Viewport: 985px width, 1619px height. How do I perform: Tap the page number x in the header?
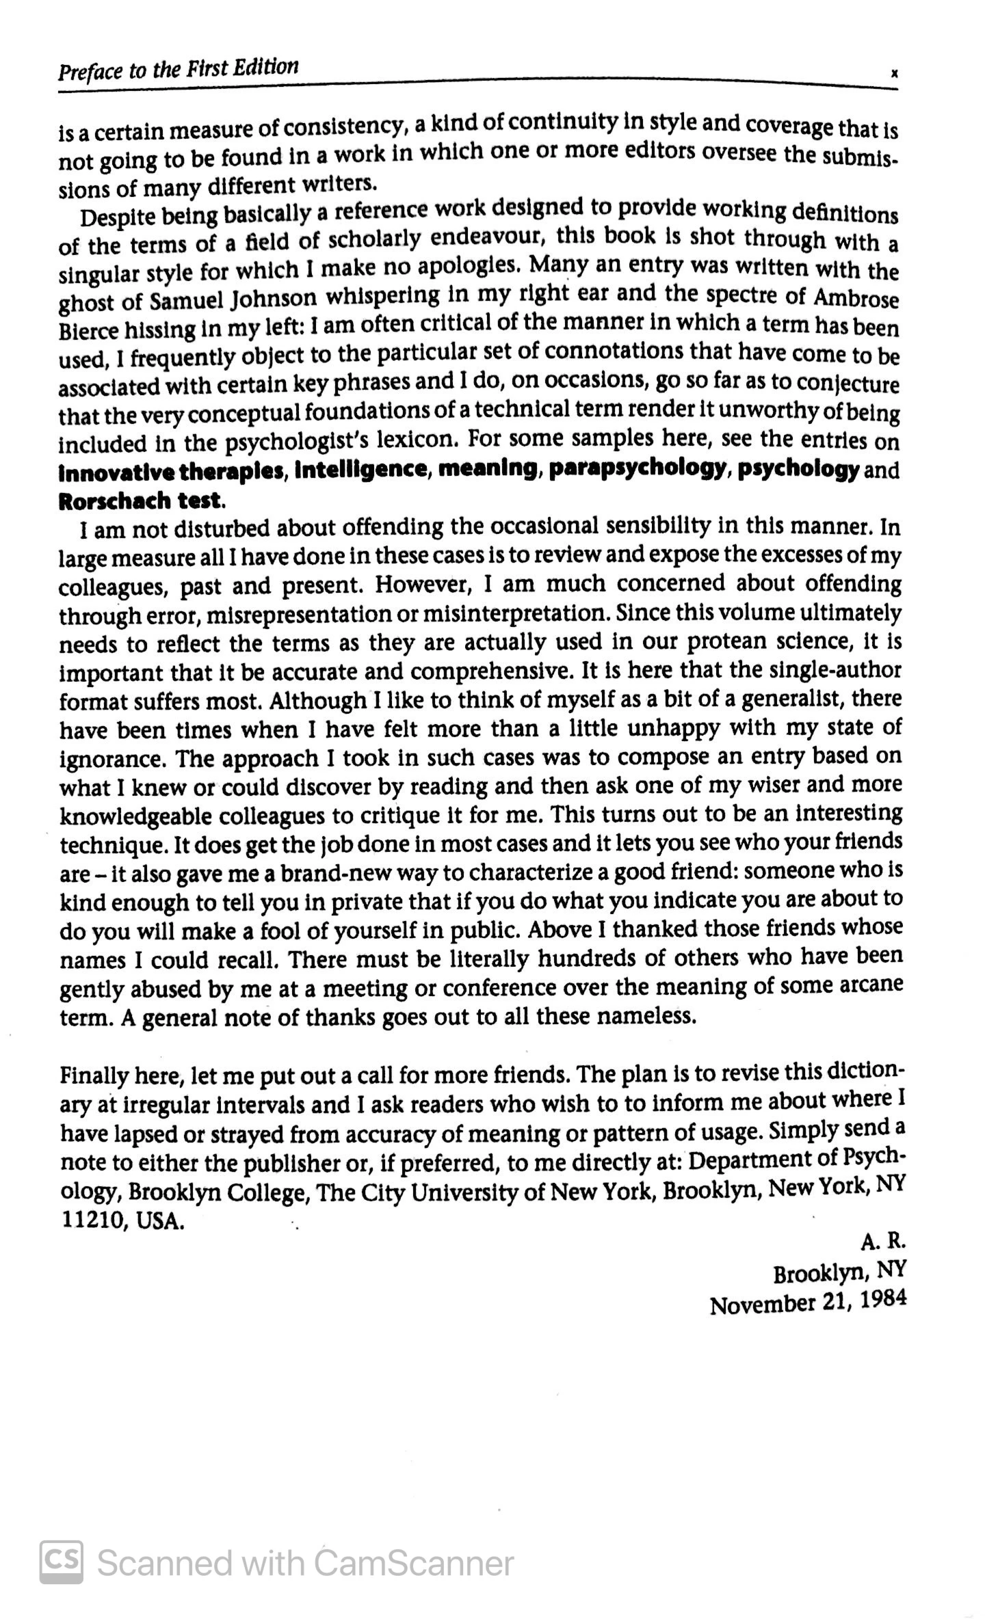[x=894, y=76]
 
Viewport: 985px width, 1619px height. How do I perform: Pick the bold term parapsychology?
[x=636, y=469]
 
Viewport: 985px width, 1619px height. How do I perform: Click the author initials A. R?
[x=882, y=1240]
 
